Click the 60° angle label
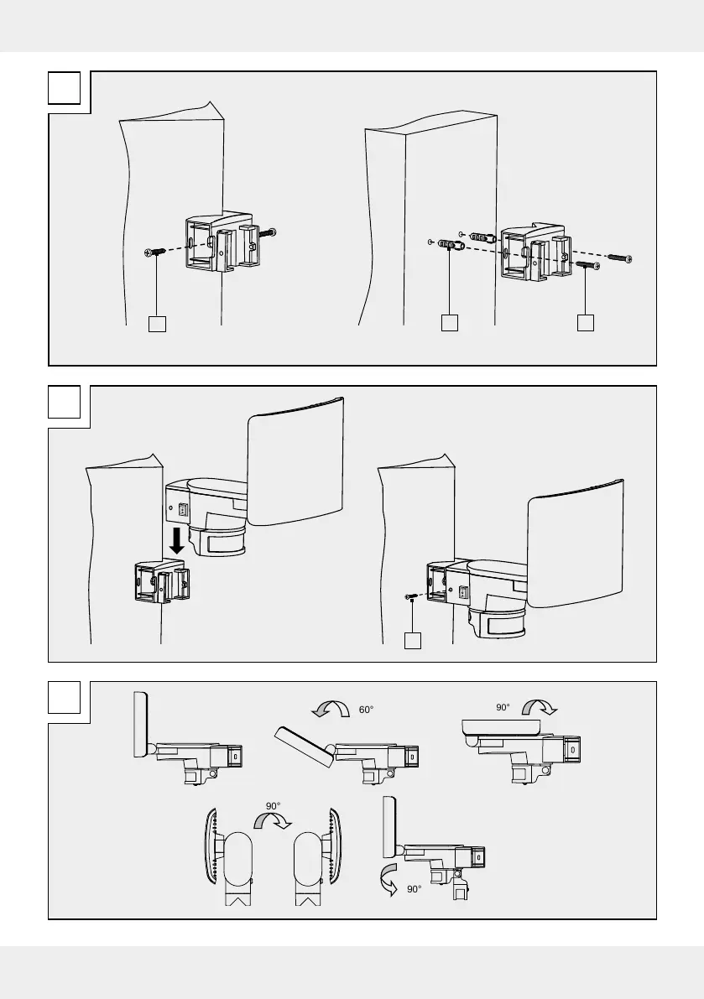point(365,710)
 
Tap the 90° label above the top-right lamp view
point(503,707)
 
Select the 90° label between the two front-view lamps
point(274,806)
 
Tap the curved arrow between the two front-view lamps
point(274,825)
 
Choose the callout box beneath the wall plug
point(450,323)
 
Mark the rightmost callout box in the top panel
point(585,323)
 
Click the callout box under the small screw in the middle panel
point(411,640)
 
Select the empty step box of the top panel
point(64,87)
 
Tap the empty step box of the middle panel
point(64,402)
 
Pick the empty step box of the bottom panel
point(64,698)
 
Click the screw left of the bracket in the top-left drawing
point(154,251)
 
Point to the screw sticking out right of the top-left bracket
point(269,232)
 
